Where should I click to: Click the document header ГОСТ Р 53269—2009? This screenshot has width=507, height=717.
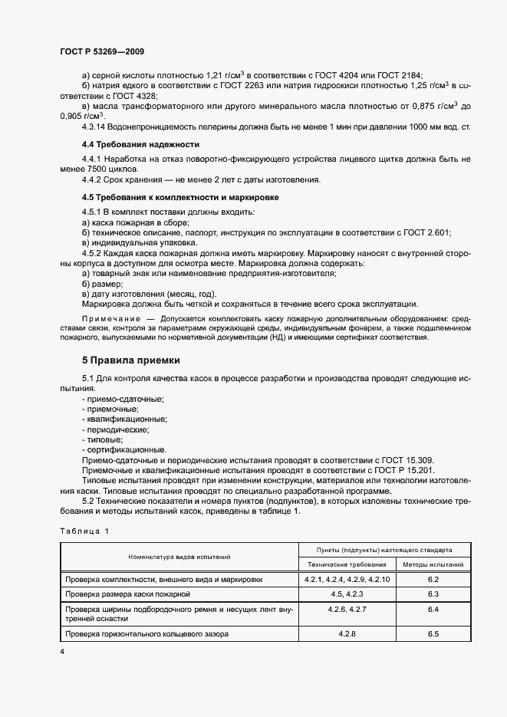coord(101,51)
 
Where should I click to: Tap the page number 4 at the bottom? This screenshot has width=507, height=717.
coord(61,650)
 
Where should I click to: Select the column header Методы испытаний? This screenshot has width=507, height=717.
coord(433,564)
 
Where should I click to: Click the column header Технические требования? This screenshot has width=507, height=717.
coord(346,564)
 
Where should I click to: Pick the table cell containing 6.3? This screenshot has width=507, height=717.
coord(433,594)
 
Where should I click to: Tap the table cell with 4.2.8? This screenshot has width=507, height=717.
coord(346,633)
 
